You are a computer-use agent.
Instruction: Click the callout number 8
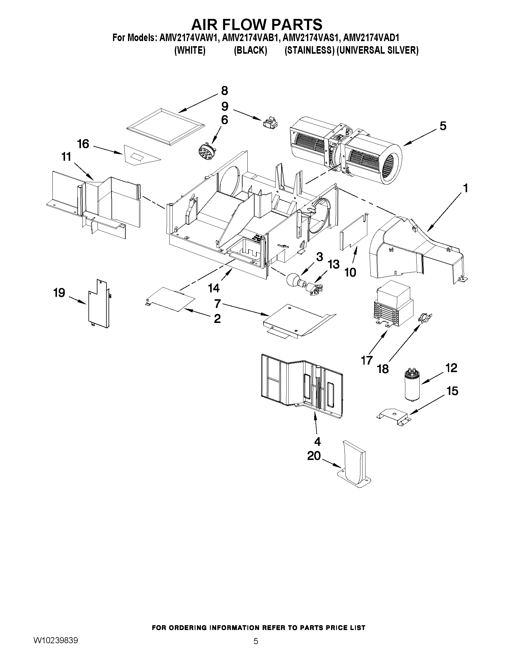coord(224,91)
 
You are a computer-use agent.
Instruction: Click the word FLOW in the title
coord(256,24)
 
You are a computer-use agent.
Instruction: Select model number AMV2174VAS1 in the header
coord(311,38)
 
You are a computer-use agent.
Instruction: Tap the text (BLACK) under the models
coord(250,50)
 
